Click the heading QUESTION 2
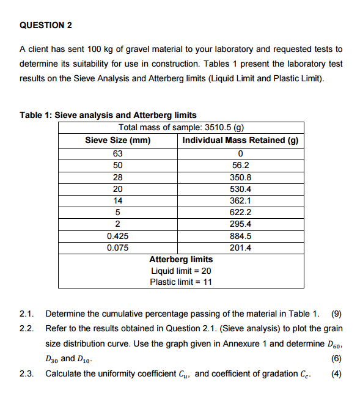click(x=46, y=25)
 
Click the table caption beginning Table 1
click(x=108, y=115)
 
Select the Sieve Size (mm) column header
click(x=118, y=140)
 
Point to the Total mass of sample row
click(x=182, y=128)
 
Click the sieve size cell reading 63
click(x=118, y=153)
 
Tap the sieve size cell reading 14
click(x=118, y=200)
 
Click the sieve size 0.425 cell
click(x=118, y=236)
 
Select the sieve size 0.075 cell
click(x=118, y=248)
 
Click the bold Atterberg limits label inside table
click(x=181, y=260)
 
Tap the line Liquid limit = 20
click(x=181, y=271)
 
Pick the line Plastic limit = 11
click(x=181, y=282)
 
